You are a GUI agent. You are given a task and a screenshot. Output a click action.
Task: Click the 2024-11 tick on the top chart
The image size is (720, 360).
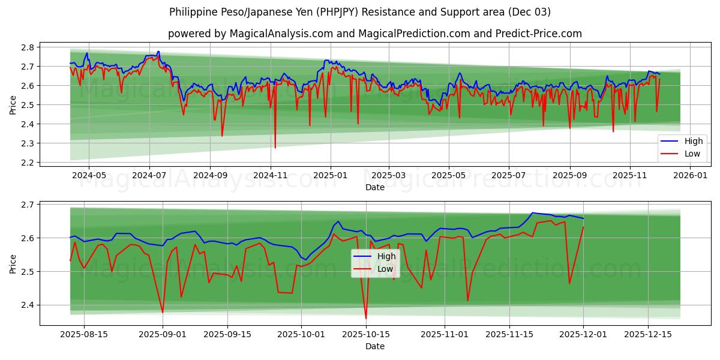click(271, 175)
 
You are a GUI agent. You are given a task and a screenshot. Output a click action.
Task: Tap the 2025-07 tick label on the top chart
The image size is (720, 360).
click(509, 175)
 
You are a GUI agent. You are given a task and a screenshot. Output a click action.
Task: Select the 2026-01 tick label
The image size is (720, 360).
click(690, 175)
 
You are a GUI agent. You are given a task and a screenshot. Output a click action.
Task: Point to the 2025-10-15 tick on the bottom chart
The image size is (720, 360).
click(366, 334)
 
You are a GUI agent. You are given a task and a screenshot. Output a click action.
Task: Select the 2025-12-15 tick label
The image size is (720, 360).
click(647, 334)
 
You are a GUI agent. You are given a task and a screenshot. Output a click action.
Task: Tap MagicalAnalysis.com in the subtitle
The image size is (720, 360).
click(281, 34)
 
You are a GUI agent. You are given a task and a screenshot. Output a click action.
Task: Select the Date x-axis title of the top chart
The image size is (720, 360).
click(374, 187)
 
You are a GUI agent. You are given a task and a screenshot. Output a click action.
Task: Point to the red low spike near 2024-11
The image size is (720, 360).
click(275, 148)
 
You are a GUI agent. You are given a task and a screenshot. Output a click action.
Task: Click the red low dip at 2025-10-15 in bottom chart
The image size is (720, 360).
click(366, 318)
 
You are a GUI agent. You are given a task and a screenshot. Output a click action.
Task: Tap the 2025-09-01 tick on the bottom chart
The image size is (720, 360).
click(163, 334)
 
